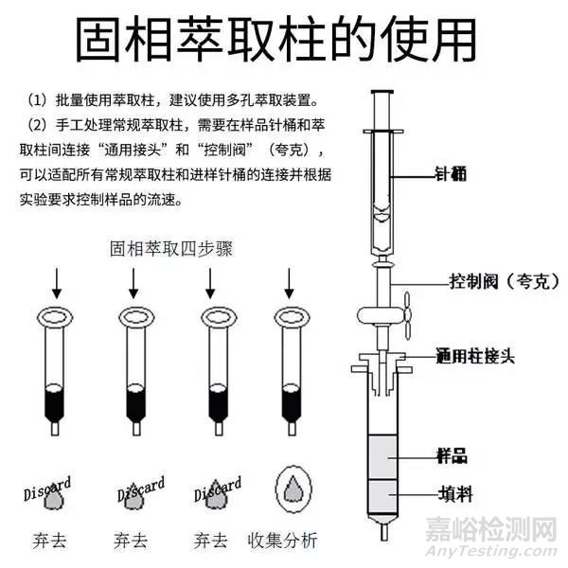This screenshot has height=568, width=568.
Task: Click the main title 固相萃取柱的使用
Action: tap(275, 40)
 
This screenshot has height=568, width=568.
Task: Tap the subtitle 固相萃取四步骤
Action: tap(170, 249)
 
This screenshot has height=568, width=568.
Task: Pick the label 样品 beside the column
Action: tap(452, 455)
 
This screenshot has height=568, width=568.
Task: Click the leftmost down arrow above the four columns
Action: tap(54, 284)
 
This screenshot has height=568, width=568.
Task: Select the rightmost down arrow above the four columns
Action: tap(289, 284)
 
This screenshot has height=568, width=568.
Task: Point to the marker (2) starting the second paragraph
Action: tap(37, 126)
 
